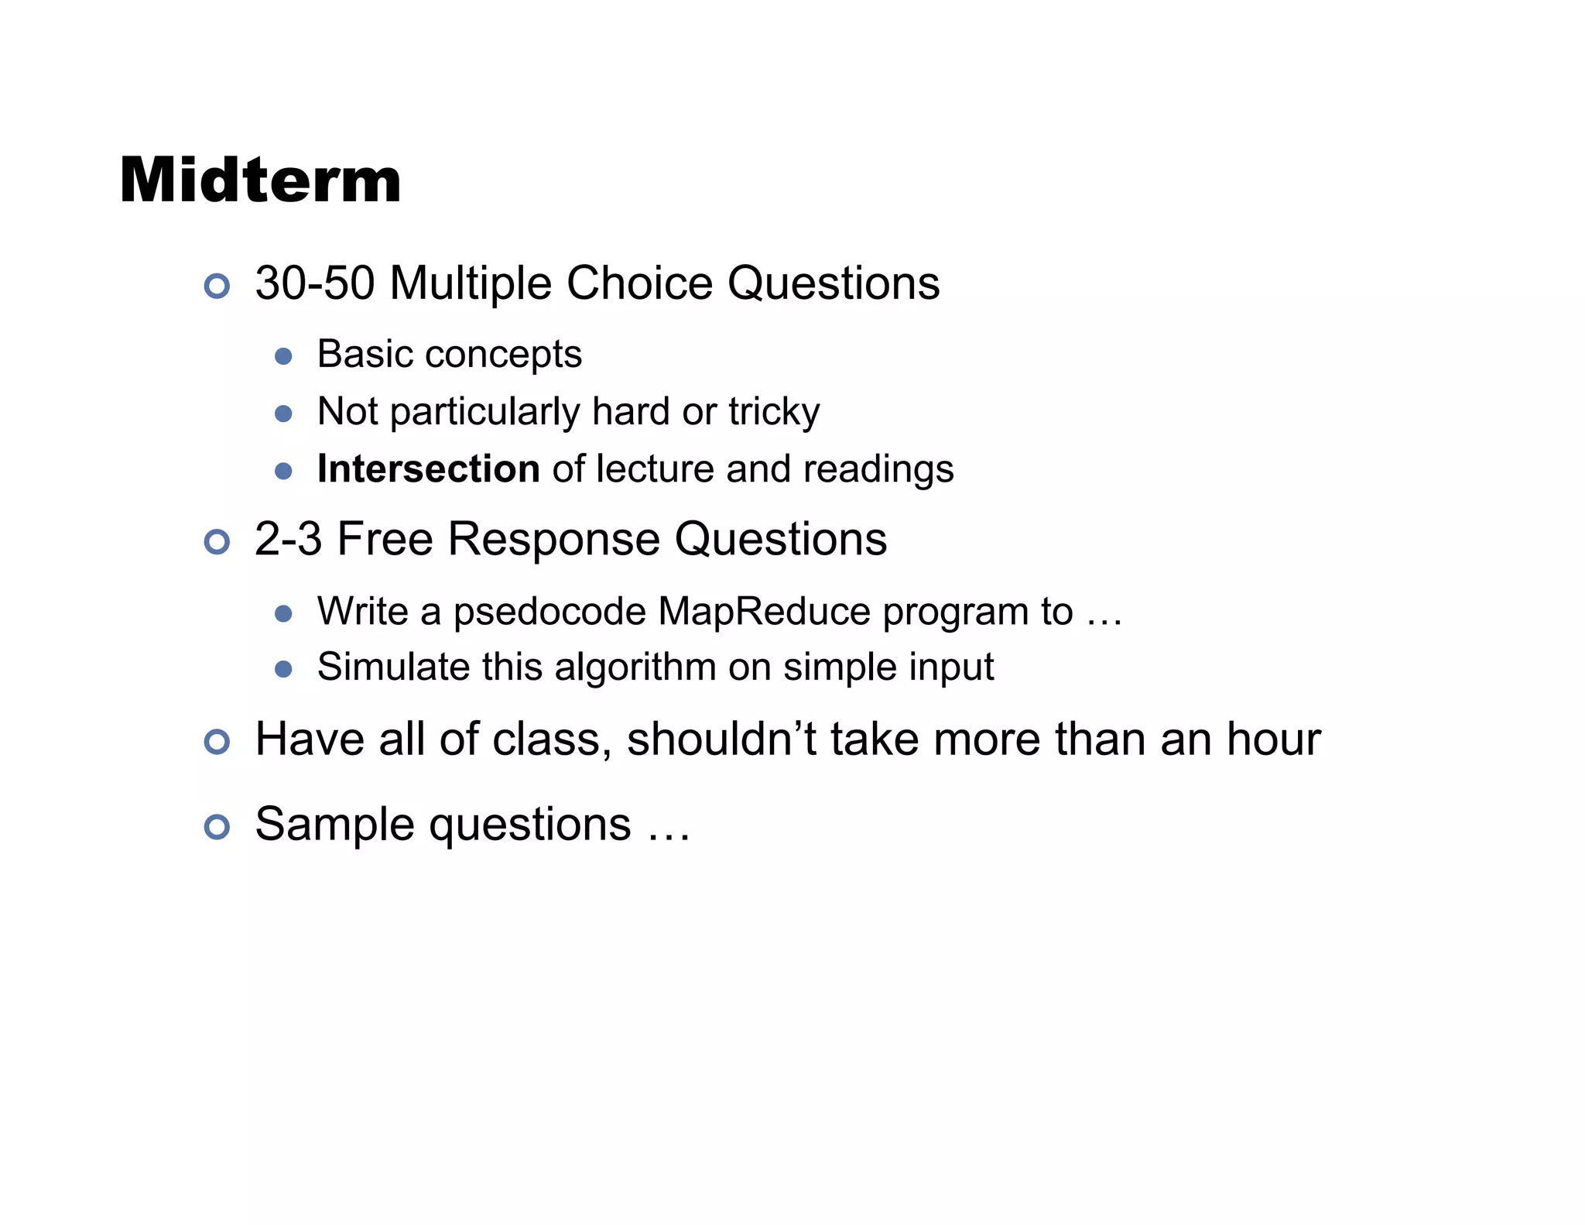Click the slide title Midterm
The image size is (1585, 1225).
[x=260, y=180]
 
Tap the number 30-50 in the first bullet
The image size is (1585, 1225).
[x=315, y=283]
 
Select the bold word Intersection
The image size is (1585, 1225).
[x=428, y=468]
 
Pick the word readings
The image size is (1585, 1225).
[x=878, y=469]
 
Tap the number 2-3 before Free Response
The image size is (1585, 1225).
[x=288, y=539]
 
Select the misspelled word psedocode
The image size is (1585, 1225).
[x=549, y=612]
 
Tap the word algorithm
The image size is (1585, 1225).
[x=635, y=667]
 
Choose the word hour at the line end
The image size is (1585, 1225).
[x=1273, y=739]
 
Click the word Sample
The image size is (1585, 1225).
[x=337, y=825]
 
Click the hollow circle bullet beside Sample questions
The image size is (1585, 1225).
[x=217, y=827]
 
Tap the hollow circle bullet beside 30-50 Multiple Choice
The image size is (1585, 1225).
[x=217, y=287]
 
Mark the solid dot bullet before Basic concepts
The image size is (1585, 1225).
[x=283, y=356]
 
